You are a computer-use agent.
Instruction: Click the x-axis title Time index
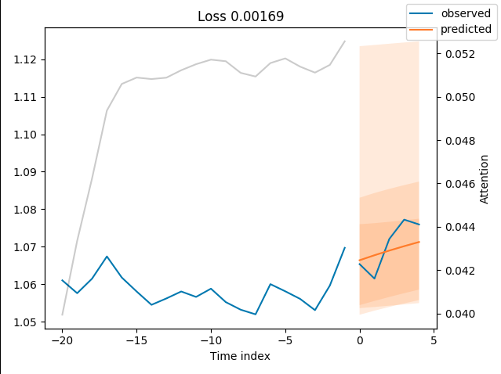(239, 356)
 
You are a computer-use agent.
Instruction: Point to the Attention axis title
(485, 179)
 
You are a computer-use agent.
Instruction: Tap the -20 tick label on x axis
(62, 340)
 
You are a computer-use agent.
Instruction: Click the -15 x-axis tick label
(136, 340)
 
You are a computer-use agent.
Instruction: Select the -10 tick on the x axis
(211, 340)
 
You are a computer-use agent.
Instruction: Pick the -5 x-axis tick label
(285, 340)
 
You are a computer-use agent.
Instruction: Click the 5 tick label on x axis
(434, 340)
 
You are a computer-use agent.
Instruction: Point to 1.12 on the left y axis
(26, 59)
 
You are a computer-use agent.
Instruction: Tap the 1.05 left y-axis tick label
(26, 322)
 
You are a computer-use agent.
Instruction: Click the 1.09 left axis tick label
(26, 172)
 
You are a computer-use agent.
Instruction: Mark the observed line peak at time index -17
(107, 256)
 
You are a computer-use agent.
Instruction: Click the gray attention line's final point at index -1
(345, 41)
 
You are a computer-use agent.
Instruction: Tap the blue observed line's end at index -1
(345, 247)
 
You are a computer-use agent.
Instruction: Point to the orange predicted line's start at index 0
(360, 261)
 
